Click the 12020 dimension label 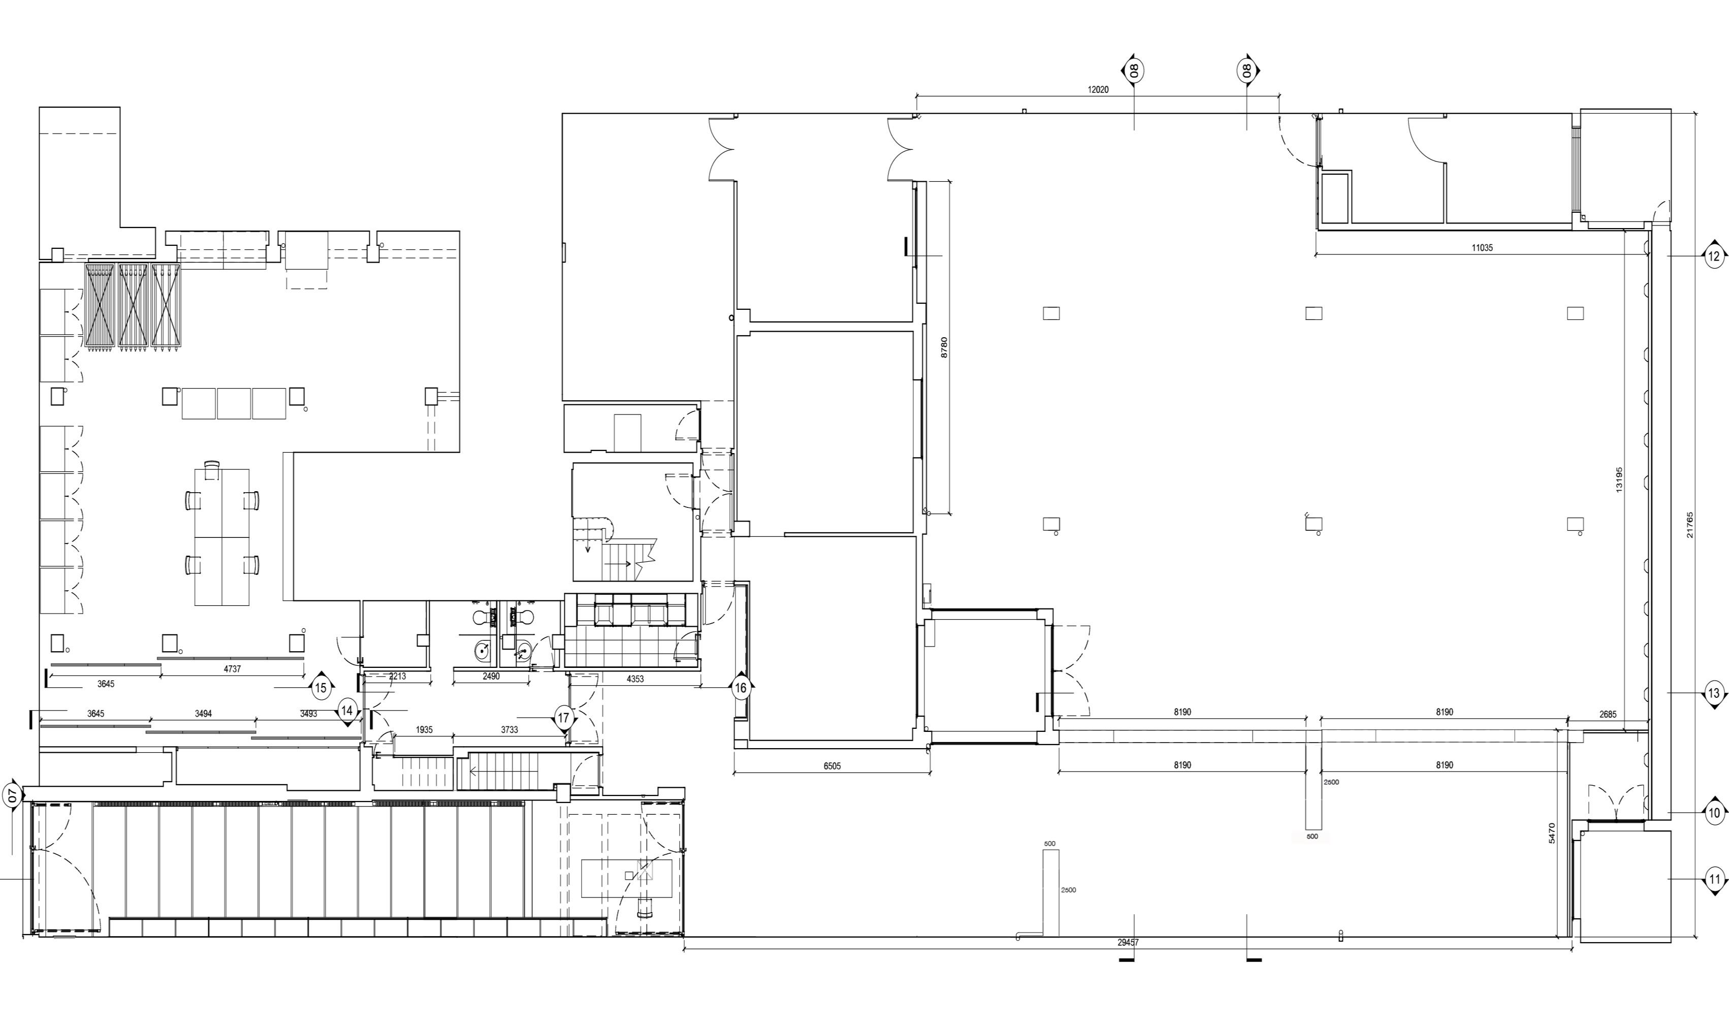(x=1098, y=89)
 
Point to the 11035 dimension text (x=1482, y=248)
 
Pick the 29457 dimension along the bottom (x=1128, y=942)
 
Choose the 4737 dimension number (x=233, y=669)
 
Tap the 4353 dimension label (x=635, y=679)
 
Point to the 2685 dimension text (x=1608, y=714)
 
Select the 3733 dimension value (x=509, y=729)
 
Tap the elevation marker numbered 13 (x=1714, y=693)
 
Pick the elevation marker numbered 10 (x=1714, y=813)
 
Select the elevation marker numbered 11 (x=1714, y=880)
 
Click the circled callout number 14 (x=347, y=711)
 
